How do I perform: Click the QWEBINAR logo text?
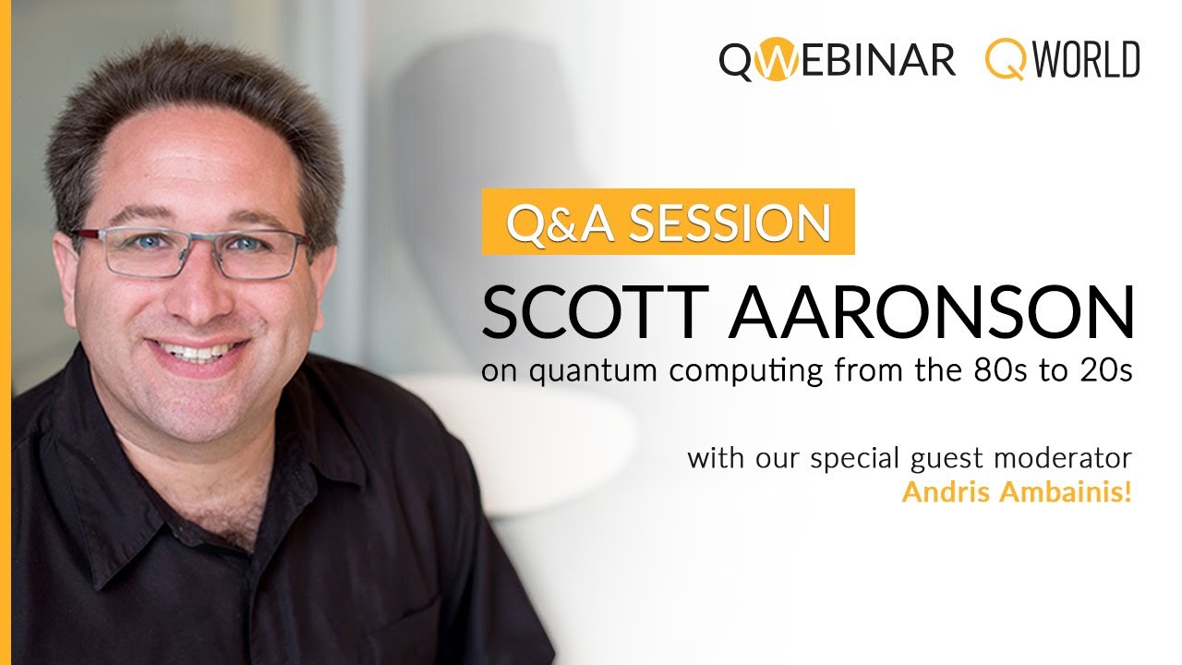click(837, 60)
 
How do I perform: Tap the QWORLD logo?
click(1062, 60)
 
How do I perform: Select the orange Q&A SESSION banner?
click(668, 222)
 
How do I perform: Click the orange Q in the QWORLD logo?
click(1001, 61)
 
